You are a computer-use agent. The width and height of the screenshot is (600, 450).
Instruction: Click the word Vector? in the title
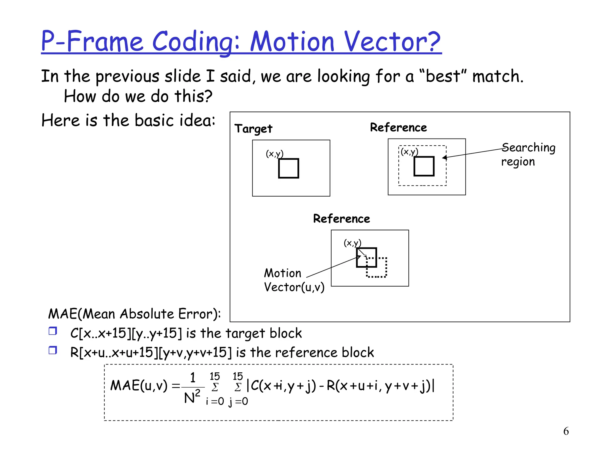tap(392, 42)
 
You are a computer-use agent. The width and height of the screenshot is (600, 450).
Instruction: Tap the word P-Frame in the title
tap(92, 42)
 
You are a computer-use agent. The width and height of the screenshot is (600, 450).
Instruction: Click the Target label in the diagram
tap(253, 129)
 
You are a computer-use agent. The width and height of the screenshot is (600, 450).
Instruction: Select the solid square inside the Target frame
tap(289, 168)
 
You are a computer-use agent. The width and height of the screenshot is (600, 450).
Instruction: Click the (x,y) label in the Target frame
tap(275, 154)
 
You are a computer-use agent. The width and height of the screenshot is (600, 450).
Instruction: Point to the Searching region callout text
tap(528, 154)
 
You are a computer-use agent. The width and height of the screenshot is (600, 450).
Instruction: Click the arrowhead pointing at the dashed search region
tap(445, 158)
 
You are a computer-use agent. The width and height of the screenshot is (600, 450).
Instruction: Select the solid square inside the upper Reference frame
tap(424, 166)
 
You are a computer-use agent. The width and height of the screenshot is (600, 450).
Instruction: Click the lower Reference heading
tap(341, 219)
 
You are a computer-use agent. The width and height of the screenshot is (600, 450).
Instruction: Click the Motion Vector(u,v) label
tap(294, 280)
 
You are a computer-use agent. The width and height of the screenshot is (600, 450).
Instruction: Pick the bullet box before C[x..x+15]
tap(53, 331)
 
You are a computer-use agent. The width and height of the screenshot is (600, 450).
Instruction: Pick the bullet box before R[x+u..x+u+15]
tap(53, 350)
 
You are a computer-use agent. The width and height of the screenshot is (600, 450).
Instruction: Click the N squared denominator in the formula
tap(192, 397)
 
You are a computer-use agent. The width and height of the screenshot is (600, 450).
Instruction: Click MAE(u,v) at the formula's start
tap(139, 386)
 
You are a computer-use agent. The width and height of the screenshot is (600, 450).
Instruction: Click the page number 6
tap(566, 431)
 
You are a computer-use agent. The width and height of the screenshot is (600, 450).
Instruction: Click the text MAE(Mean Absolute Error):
tap(134, 314)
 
